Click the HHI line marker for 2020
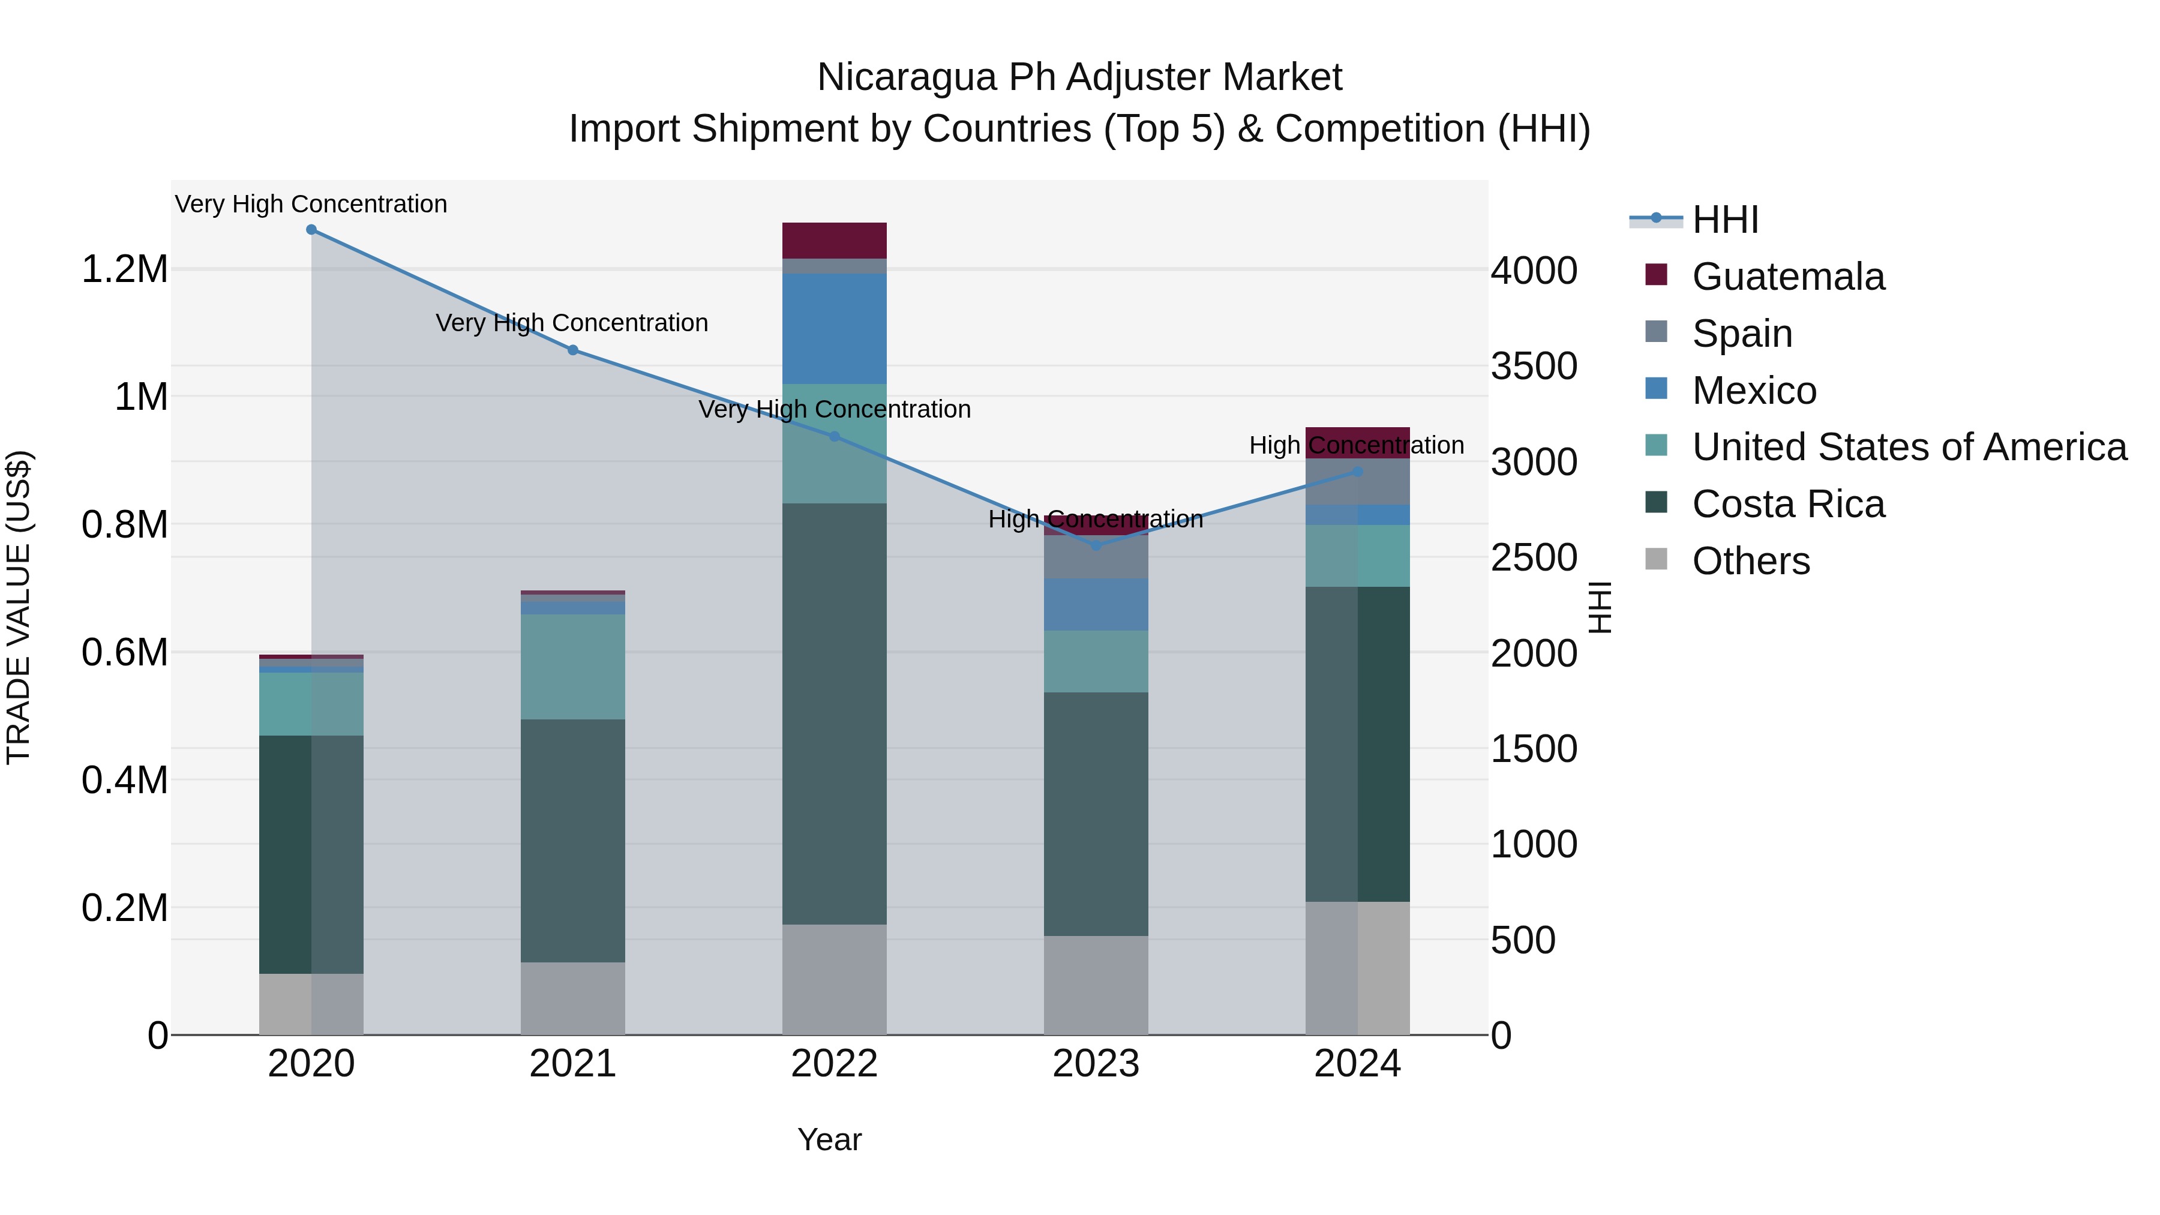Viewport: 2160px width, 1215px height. point(311,229)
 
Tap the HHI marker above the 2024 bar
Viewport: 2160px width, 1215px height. point(1358,472)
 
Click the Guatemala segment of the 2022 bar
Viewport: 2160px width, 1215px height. point(835,240)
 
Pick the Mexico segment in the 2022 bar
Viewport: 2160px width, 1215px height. point(835,329)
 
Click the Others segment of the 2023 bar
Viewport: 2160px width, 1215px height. point(1096,985)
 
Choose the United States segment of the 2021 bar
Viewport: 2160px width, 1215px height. point(573,667)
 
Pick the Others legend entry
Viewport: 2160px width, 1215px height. point(1750,561)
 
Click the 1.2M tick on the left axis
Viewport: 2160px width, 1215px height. point(124,270)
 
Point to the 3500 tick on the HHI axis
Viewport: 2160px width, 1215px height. point(1534,367)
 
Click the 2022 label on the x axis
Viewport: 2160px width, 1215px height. point(835,1064)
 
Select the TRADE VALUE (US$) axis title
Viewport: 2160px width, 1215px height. point(19,607)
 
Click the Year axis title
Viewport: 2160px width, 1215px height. point(829,1139)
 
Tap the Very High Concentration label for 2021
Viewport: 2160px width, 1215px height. point(572,323)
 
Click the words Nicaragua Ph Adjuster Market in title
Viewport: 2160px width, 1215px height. point(1079,77)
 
